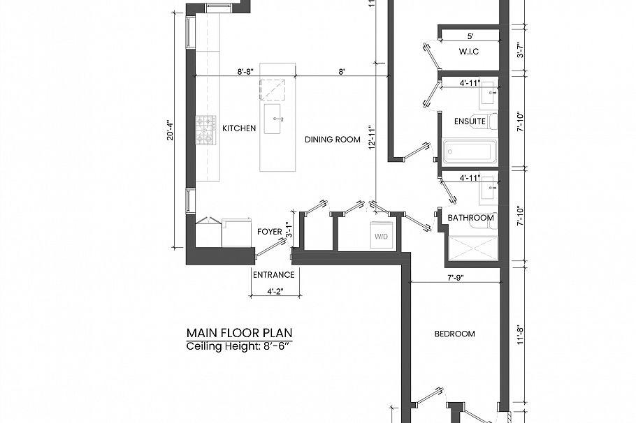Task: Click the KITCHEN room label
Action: [x=239, y=128]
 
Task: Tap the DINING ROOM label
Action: [x=332, y=140]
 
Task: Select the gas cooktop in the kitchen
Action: [x=205, y=130]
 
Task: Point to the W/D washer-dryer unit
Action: [x=382, y=237]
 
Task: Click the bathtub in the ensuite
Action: [x=470, y=151]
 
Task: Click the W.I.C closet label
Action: [x=469, y=52]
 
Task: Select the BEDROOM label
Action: [x=454, y=334]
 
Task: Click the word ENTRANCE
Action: [x=273, y=274]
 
